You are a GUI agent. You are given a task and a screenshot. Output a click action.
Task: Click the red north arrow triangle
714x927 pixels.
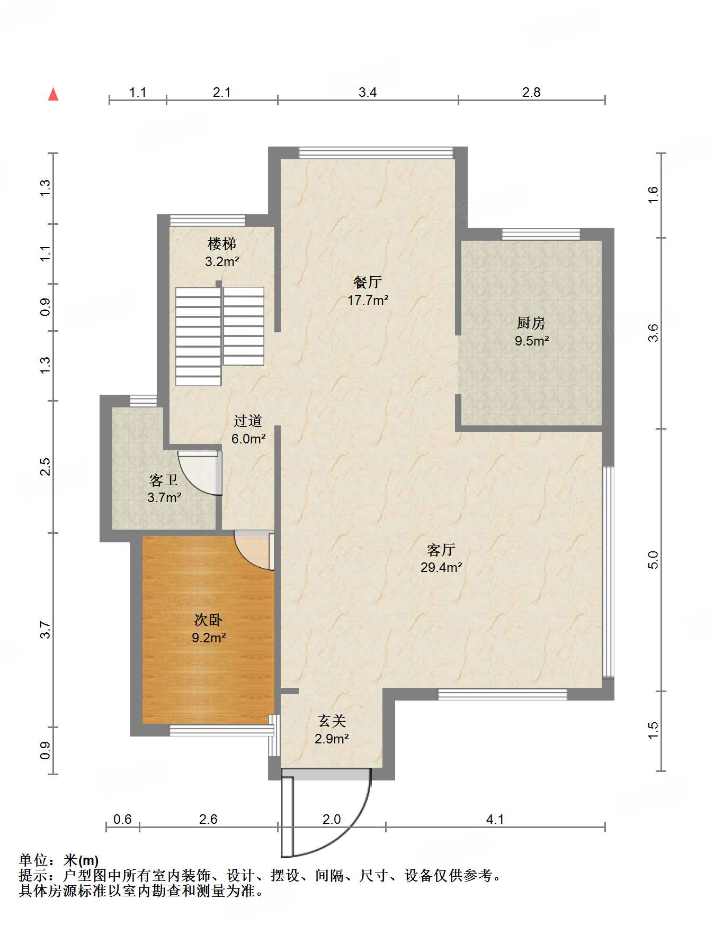pyautogui.click(x=53, y=94)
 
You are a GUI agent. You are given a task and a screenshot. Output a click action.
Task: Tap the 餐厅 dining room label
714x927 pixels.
pyautogui.click(x=368, y=282)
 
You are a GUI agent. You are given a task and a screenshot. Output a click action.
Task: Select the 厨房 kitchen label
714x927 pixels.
pyautogui.click(x=531, y=323)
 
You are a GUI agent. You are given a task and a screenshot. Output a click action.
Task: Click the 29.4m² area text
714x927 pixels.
pyautogui.click(x=441, y=568)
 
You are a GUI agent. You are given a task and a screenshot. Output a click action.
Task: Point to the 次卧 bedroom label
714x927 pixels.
pyautogui.click(x=208, y=620)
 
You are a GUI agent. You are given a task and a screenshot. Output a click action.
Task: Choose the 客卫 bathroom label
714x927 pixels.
pyautogui.click(x=164, y=480)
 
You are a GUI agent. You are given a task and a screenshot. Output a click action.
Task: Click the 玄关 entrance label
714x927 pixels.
pyautogui.click(x=332, y=721)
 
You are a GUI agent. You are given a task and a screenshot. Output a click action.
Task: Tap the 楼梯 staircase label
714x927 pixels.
pyautogui.click(x=222, y=244)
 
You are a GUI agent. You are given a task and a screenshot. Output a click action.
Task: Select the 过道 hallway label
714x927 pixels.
pyautogui.click(x=248, y=421)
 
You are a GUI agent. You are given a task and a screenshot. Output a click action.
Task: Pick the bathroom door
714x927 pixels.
pyautogui.click(x=200, y=472)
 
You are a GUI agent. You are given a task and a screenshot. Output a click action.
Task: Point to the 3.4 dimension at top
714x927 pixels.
pyautogui.click(x=368, y=93)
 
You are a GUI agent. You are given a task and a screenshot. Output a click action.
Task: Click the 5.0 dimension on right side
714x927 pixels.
pyautogui.click(x=653, y=560)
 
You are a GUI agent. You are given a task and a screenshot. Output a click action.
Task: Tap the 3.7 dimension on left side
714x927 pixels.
pyautogui.click(x=46, y=630)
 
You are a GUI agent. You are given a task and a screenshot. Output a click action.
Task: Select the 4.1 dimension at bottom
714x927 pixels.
pyautogui.click(x=495, y=819)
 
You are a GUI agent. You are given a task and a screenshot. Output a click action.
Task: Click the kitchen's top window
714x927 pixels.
pyautogui.click(x=541, y=234)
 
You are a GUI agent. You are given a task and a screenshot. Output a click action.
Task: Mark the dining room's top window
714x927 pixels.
pyautogui.click(x=376, y=153)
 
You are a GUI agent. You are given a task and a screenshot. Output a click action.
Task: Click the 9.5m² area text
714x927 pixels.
pyautogui.click(x=531, y=341)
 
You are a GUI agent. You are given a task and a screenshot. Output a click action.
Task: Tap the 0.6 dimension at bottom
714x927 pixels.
pyautogui.click(x=122, y=819)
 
